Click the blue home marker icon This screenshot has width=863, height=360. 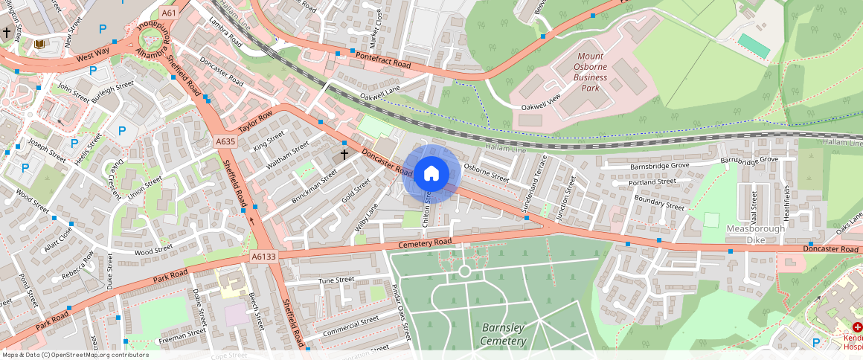(x=431, y=173)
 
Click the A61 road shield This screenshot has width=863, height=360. (x=169, y=13)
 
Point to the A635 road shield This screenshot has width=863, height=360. (x=225, y=141)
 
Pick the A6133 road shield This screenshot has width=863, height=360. (x=263, y=257)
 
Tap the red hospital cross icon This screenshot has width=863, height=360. (x=857, y=328)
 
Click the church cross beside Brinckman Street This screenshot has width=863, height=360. (x=344, y=155)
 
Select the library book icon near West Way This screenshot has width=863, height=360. (x=39, y=45)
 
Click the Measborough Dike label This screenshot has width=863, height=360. (x=755, y=234)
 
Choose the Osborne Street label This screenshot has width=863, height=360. (x=486, y=173)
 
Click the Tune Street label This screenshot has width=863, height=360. (x=336, y=280)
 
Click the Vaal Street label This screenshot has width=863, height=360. (x=754, y=205)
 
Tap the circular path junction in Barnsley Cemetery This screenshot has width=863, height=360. (x=465, y=271)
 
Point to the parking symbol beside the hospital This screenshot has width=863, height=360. (x=816, y=342)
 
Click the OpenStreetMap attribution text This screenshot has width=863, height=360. (x=74, y=355)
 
